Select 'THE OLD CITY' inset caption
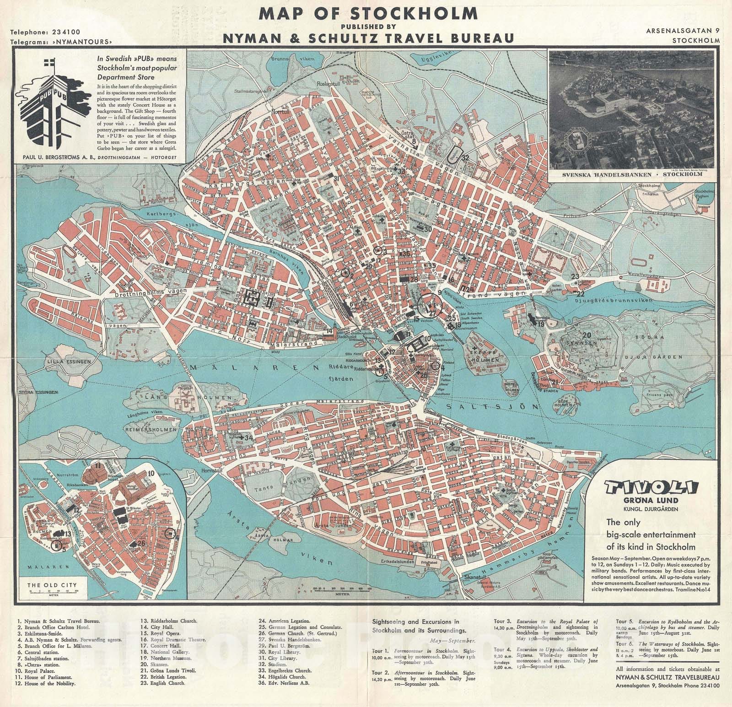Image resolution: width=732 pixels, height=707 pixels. (x=53, y=585)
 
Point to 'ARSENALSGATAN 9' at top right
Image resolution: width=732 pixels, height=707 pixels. (x=683, y=31)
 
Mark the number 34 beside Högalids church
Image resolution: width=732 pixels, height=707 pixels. (x=249, y=437)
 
